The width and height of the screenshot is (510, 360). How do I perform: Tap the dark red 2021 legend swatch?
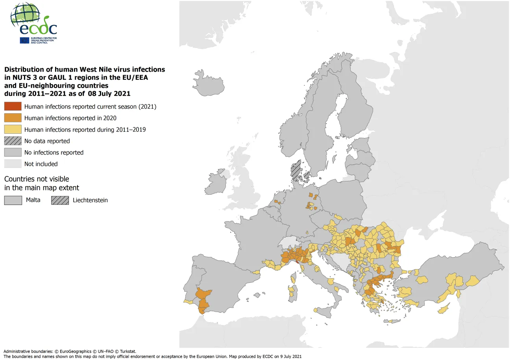click(x=13, y=107)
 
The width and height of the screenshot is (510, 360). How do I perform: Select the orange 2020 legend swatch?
click(x=13, y=118)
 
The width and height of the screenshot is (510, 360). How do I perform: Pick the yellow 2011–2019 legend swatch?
click(x=13, y=129)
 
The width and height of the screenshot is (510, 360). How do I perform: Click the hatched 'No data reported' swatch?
click(x=13, y=141)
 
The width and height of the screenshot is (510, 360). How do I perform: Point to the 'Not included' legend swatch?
click(x=13, y=164)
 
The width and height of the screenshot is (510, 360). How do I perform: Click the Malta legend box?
click(x=13, y=200)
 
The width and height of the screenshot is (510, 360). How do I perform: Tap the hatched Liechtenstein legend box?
click(x=60, y=200)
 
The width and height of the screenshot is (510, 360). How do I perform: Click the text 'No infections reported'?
click(x=54, y=152)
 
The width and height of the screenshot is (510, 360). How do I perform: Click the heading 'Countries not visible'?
click(x=37, y=179)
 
